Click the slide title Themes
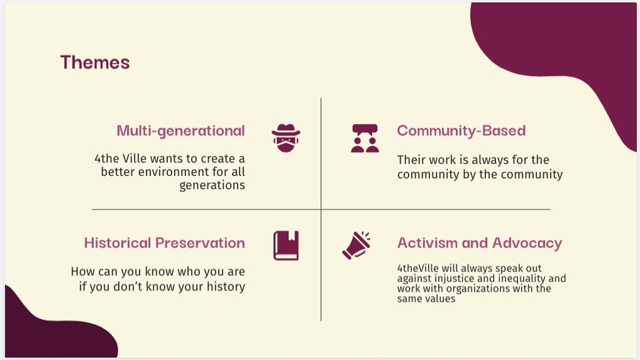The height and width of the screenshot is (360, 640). pos(95,63)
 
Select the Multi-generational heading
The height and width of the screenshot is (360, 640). pos(181,131)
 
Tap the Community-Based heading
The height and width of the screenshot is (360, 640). pos(461,131)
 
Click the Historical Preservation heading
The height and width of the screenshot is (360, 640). pos(165,243)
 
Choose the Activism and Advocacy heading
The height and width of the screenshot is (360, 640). pos(479,243)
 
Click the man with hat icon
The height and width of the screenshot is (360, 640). pos(286,139)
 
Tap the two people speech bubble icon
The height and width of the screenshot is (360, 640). pos(365,139)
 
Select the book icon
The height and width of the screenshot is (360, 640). pos(286,246)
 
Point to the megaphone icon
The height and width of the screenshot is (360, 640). pos(357,245)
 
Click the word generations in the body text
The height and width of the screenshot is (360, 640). pos(212,185)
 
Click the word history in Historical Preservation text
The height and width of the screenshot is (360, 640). pos(226,287)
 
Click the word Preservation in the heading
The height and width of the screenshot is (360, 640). pos(201,243)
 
